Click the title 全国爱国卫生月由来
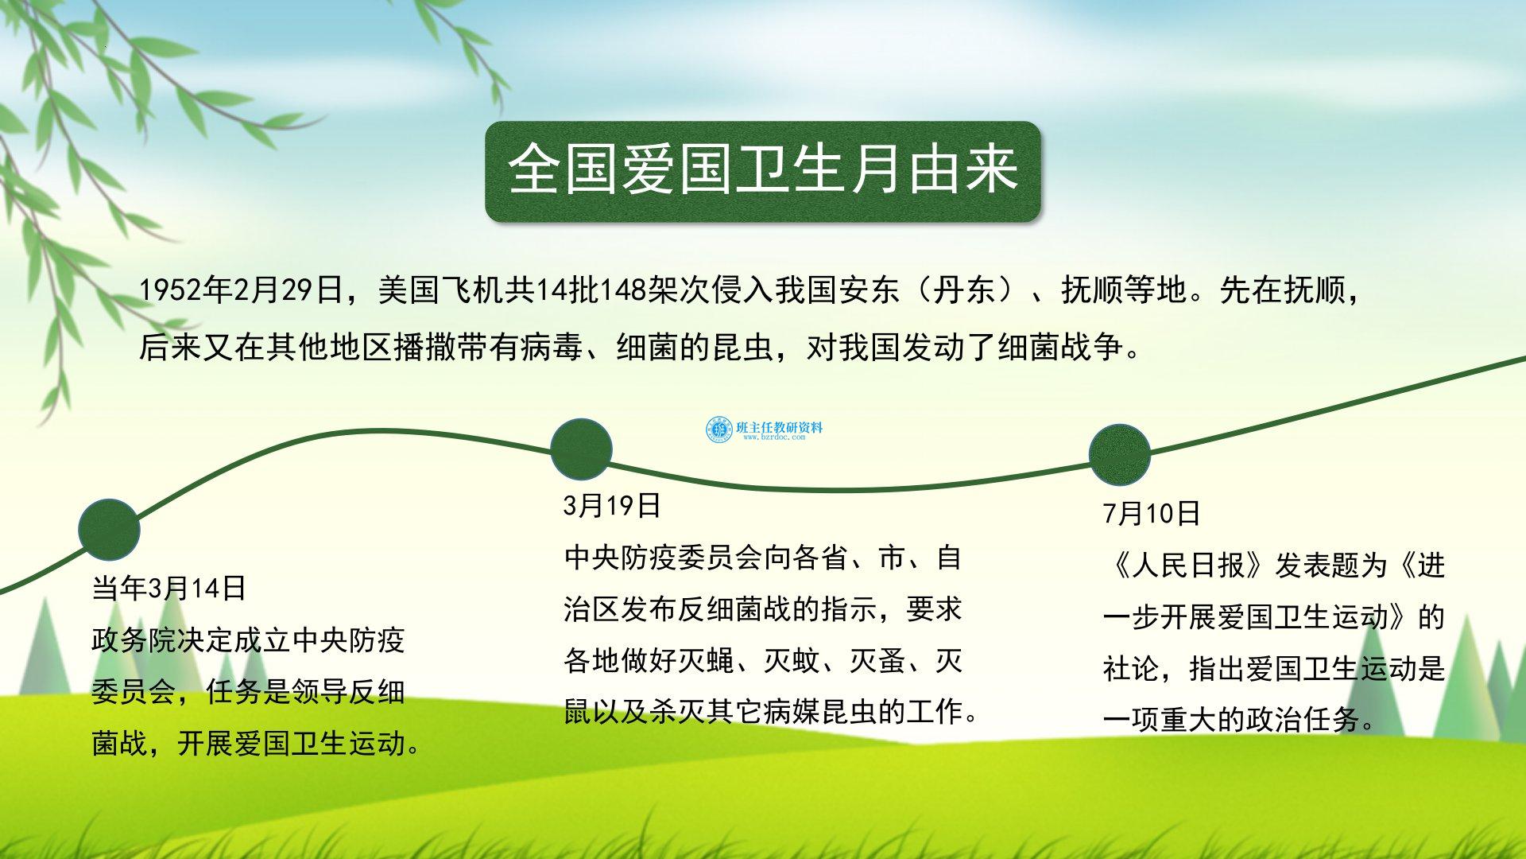[x=763, y=170]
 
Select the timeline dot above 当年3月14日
[x=109, y=530]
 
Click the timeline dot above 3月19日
[x=581, y=449]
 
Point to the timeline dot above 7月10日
[x=1119, y=455]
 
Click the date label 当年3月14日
[x=169, y=589]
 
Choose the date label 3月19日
[x=612, y=506]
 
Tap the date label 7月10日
[x=1152, y=514]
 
